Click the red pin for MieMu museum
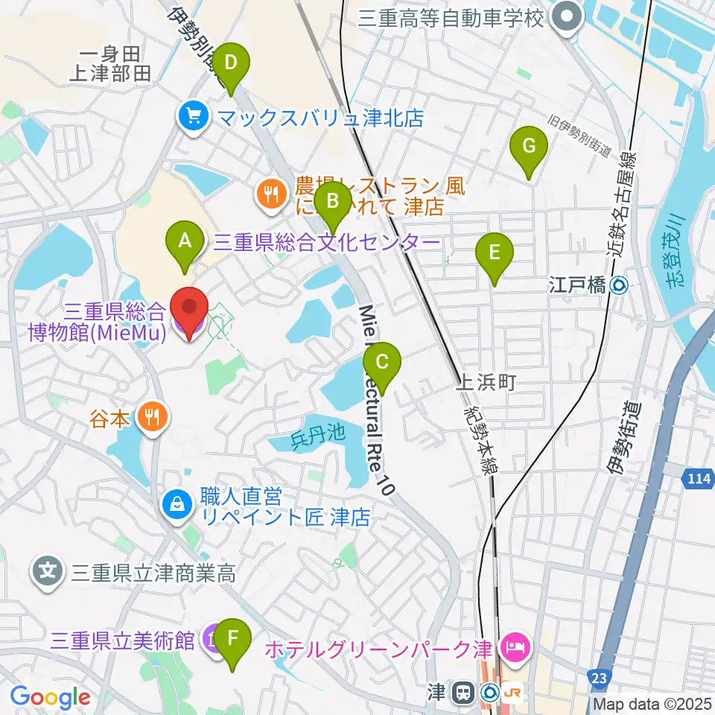tap(189, 313)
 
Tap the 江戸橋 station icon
tap(619, 284)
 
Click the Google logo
tap(50, 697)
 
